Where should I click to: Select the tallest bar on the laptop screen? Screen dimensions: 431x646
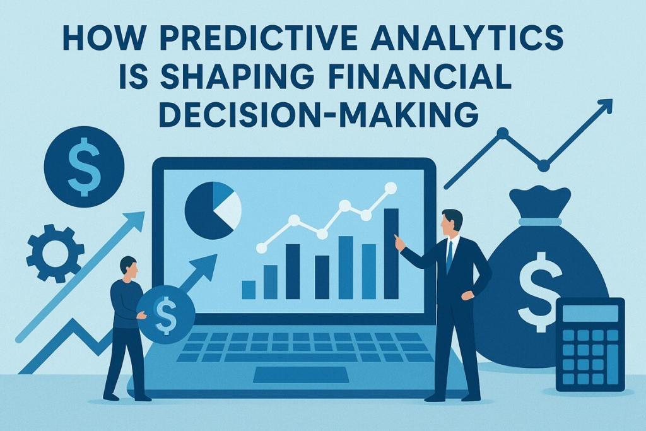pyautogui.click(x=391, y=253)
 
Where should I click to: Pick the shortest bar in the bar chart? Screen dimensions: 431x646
pyautogui.click(x=249, y=290)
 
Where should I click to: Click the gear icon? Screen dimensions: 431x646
pyautogui.click(x=54, y=252)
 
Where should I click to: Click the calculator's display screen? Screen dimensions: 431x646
pyautogui.click(x=590, y=313)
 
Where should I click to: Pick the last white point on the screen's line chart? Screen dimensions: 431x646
pyautogui.click(x=390, y=187)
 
